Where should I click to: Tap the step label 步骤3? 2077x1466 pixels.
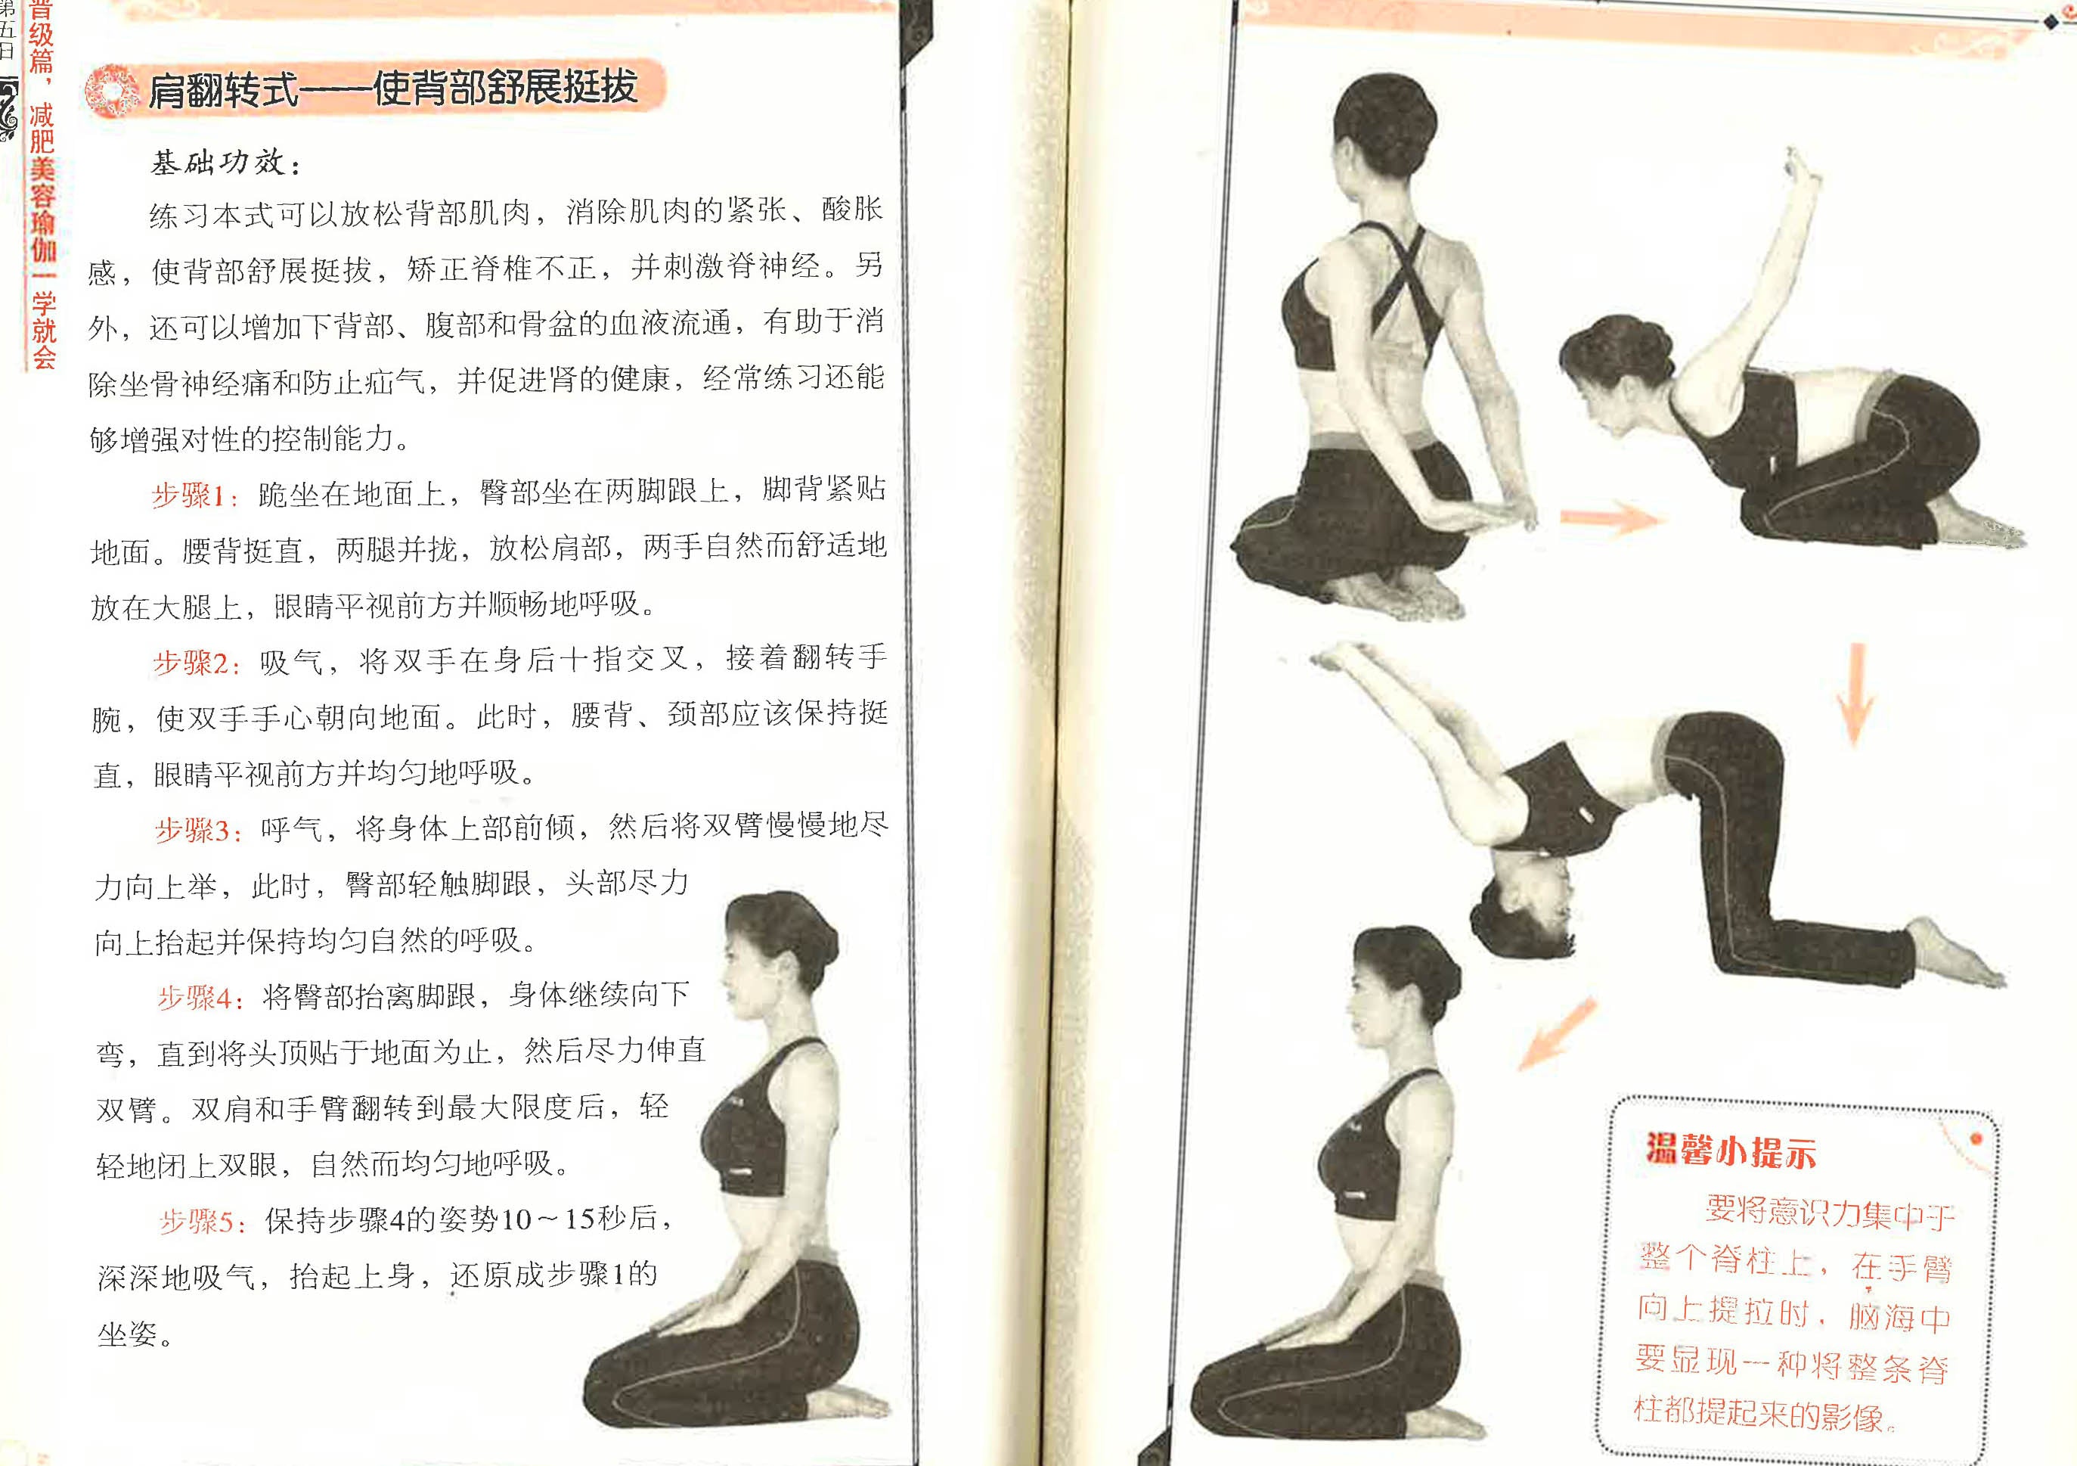click(x=198, y=831)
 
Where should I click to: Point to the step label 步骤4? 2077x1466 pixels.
click(x=200, y=999)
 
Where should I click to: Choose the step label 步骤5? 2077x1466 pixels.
click(x=202, y=1222)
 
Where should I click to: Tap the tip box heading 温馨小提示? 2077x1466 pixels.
click(x=1730, y=1151)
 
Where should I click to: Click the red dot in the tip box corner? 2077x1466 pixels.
click(x=1976, y=1138)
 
